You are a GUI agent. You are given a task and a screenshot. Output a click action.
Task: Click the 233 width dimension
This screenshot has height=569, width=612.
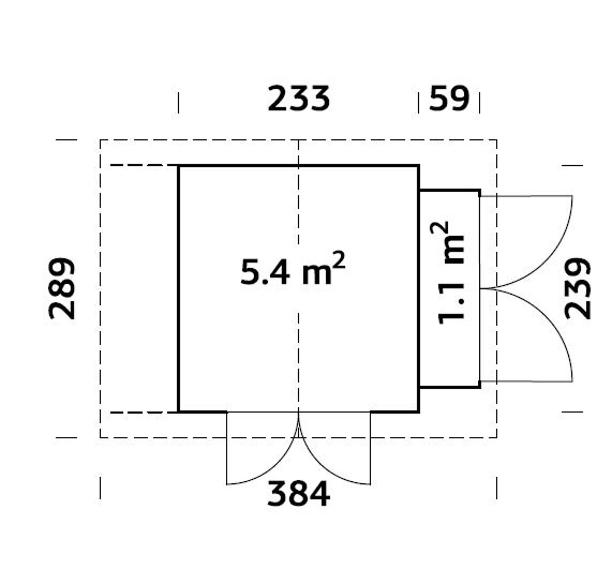point(299,99)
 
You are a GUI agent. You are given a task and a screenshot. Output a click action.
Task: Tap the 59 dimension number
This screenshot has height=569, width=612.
point(449,99)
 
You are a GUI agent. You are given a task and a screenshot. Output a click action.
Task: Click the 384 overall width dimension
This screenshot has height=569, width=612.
point(299,493)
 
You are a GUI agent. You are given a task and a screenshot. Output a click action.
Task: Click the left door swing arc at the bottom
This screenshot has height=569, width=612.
point(272,466)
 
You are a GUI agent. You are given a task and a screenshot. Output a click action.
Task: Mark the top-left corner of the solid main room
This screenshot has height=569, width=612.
point(178,166)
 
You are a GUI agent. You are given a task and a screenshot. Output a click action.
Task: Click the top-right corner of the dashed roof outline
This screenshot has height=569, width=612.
point(497,140)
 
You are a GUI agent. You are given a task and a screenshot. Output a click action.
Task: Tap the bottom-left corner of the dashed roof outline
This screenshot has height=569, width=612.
point(100,437)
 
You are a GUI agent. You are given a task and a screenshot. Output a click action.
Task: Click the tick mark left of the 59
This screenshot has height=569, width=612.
point(419,103)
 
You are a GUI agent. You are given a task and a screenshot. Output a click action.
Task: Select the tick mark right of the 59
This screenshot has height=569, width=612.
point(479,103)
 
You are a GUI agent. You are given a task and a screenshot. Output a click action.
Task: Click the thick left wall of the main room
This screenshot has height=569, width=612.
point(178,289)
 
